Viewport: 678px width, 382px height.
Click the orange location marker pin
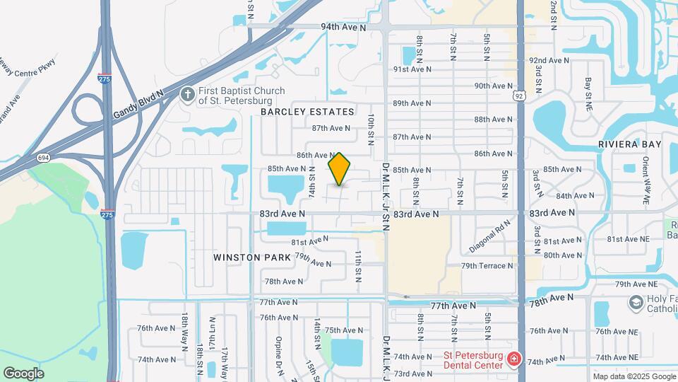(340, 168)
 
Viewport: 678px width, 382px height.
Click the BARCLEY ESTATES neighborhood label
(307, 112)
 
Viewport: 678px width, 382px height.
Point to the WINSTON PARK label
(252, 257)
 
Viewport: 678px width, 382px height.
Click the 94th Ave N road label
(343, 28)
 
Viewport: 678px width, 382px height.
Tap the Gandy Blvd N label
(139, 104)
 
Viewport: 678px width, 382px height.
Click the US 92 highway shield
(520, 95)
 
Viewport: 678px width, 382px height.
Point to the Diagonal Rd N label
(489, 236)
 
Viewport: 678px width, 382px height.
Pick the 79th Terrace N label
(487, 266)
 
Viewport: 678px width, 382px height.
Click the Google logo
(23, 374)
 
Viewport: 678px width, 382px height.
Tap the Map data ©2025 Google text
(635, 376)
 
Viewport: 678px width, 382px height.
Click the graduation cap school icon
(636, 302)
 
